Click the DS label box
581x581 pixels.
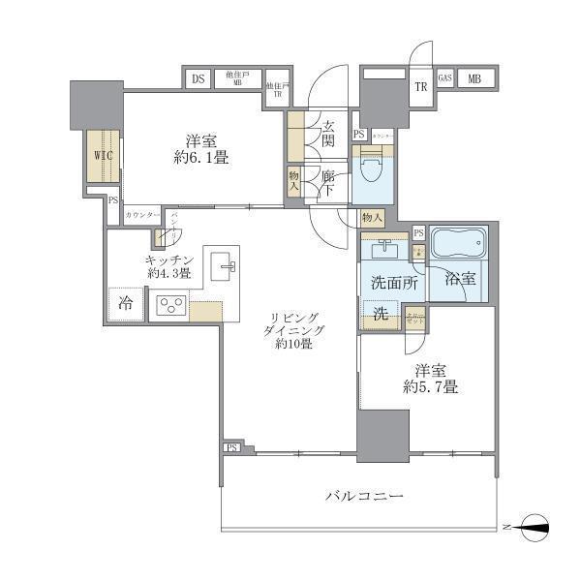point(198,79)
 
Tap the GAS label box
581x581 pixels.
point(444,79)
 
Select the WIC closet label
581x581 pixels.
point(102,155)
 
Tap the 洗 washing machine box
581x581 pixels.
point(379,314)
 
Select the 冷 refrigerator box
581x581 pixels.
point(124,302)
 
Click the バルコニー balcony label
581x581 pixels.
point(362,497)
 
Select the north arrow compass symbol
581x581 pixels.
point(533,526)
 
